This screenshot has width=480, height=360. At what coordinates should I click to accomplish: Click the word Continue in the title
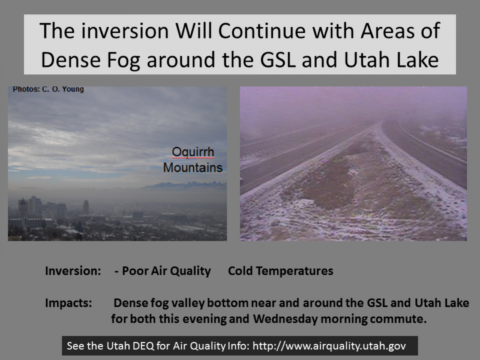point(262,31)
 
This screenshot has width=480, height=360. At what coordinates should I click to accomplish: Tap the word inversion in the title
point(125,31)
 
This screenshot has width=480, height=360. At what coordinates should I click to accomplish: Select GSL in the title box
point(278,59)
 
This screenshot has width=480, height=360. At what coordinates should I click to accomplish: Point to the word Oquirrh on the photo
point(193,152)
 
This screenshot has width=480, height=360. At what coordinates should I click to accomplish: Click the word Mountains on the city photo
point(193,167)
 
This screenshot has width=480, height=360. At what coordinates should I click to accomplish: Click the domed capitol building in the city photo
point(23,206)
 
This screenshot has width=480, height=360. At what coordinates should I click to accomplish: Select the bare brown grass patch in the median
point(322,181)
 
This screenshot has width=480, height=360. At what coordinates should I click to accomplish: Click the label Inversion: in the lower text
point(73,271)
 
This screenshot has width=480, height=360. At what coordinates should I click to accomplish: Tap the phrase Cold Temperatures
point(281,271)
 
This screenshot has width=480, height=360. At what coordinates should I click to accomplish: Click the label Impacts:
point(68,303)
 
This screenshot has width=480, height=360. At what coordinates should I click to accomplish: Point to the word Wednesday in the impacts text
point(286,319)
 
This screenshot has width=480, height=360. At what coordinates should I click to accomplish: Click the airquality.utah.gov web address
point(329,346)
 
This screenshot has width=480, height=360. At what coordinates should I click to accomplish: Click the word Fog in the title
point(124,60)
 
